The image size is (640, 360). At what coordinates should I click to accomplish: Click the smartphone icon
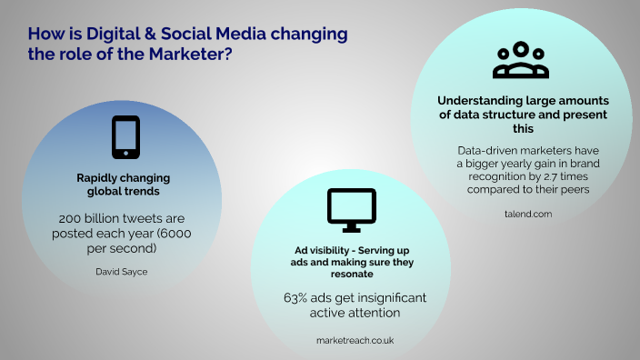coord(125,137)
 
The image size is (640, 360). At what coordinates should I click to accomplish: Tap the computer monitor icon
coord(351,208)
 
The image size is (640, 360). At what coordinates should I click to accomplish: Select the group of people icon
coord(521,60)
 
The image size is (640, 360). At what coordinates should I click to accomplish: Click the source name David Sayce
coord(120,271)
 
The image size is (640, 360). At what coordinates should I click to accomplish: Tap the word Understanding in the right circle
coord(474,101)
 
